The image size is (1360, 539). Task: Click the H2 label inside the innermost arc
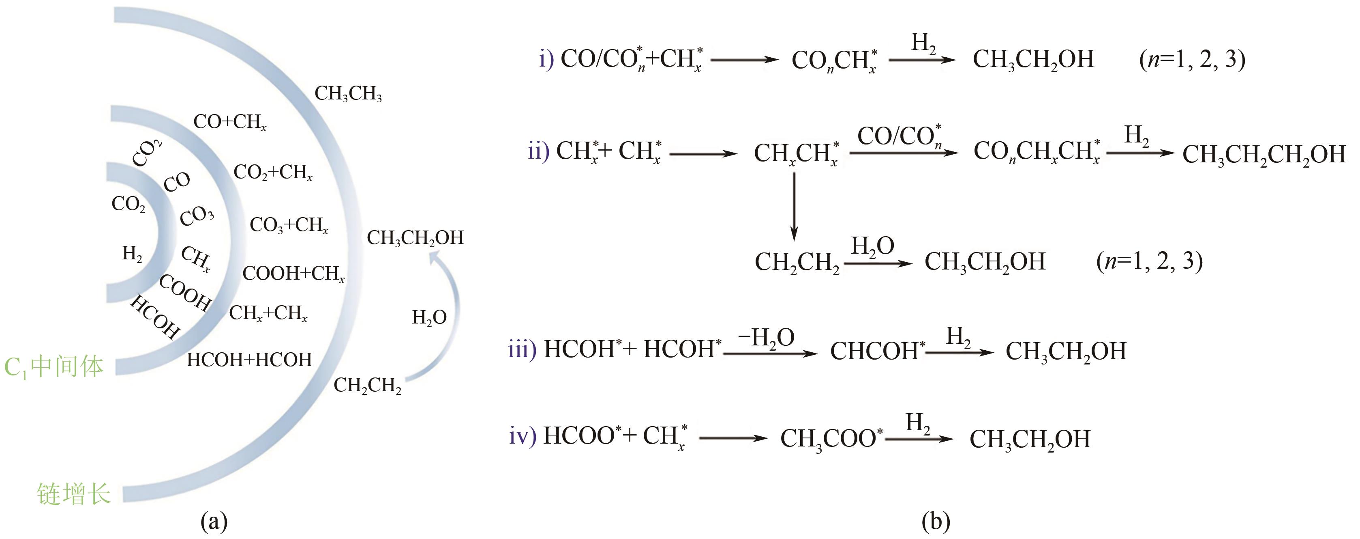[132, 254]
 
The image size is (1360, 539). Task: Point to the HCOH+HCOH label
[249, 360]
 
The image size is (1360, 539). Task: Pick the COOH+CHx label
[293, 274]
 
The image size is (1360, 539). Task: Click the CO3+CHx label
[289, 225]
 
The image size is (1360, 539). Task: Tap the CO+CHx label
[230, 122]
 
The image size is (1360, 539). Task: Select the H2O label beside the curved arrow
[429, 317]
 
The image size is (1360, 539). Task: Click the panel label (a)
[214, 522]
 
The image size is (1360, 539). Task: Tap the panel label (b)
[936, 522]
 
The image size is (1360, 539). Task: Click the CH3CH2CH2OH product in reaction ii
[1264, 155]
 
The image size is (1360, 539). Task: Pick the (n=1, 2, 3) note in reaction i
[1192, 59]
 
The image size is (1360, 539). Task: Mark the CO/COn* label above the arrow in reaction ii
[899, 136]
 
